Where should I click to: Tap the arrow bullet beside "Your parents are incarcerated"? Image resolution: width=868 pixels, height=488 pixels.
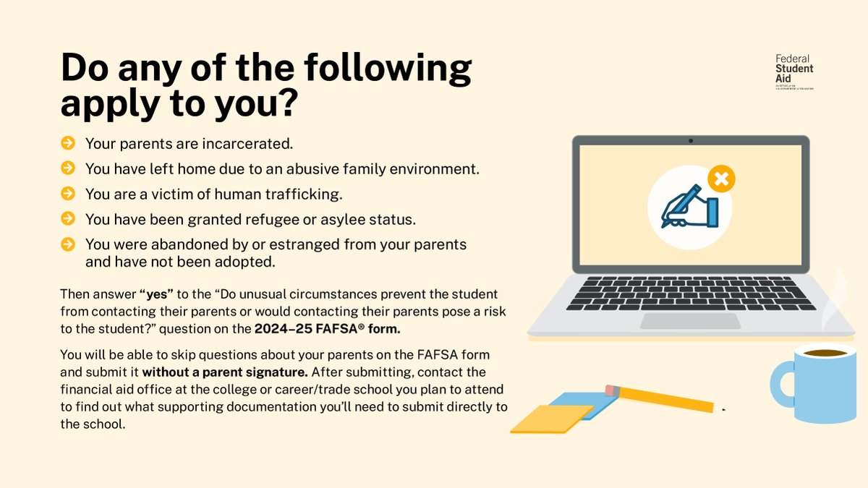[68, 143]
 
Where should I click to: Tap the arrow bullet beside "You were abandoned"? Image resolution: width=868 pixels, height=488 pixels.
[68, 244]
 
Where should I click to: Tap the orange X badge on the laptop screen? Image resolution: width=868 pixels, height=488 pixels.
[720, 178]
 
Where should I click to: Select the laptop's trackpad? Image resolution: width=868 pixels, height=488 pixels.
[690, 321]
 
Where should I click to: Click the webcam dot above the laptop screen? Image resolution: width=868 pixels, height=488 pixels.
[691, 140]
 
